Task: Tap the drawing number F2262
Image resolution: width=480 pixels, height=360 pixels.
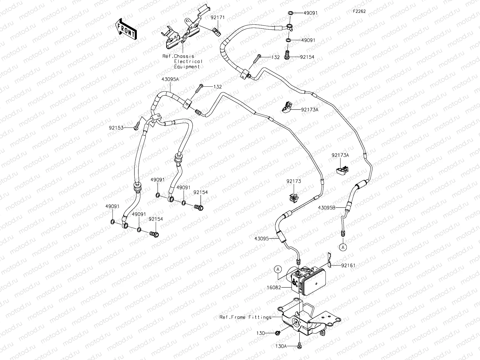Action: pos(359,11)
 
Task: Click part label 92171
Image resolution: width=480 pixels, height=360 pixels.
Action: pos(217,18)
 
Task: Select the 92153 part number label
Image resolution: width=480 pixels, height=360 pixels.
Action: pos(116,127)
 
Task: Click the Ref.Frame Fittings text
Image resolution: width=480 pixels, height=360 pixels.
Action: pos(245,317)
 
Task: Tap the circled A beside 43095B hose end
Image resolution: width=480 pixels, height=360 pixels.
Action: pos(343,247)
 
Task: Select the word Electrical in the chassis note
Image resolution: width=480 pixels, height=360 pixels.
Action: pos(188,61)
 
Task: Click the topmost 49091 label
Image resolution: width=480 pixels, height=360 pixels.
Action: pos(310,13)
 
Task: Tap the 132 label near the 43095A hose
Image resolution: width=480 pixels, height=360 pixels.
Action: pos(217,87)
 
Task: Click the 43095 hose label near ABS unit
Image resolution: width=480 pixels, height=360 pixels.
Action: pos(261,238)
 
